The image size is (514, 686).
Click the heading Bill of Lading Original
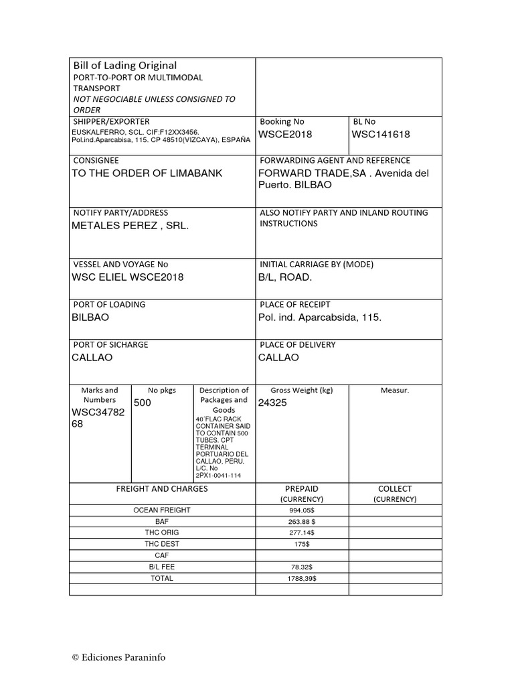pyautogui.click(x=125, y=65)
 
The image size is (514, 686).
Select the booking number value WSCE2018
pyautogui.click(x=285, y=135)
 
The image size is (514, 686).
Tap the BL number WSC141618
pyautogui.click(x=381, y=135)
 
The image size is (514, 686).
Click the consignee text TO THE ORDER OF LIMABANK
pyautogui.click(x=147, y=174)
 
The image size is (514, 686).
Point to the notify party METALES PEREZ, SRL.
pyautogui.click(x=130, y=226)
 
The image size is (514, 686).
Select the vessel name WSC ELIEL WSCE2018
pyautogui.click(x=127, y=277)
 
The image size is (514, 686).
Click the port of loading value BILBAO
pyautogui.click(x=90, y=318)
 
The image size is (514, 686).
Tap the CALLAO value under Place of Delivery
pyautogui.click(x=278, y=358)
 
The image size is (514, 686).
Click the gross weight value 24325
pyautogui.click(x=273, y=403)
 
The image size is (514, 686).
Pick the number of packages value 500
pyautogui.click(x=143, y=403)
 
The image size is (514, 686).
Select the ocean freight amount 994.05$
pyautogui.click(x=301, y=510)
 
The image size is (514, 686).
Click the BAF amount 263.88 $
pyautogui.click(x=301, y=521)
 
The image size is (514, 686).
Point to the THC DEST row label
pyautogui.click(x=162, y=543)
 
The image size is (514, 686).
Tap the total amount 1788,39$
pyautogui.click(x=301, y=577)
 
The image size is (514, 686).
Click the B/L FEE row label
pyautogui.click(x=162, y=566)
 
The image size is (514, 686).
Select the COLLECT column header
pyautogui.click(x=395, y=489)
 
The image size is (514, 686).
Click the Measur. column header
pyautogui.click(x=395, y=390)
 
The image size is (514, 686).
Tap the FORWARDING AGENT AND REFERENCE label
pyautogui.click(x=335, y=161)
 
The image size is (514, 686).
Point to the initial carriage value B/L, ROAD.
pyautogui.click(x=285, y=277)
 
